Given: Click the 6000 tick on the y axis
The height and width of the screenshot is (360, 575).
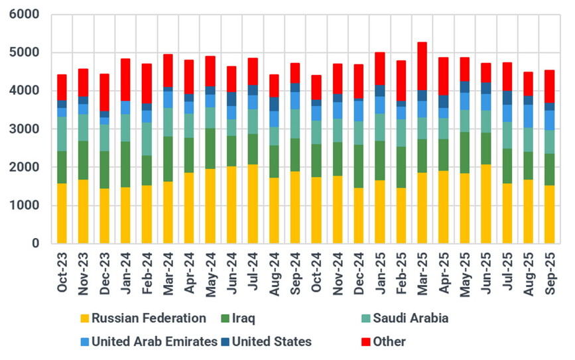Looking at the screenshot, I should (25, 14).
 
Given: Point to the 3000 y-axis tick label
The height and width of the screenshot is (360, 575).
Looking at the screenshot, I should (25, 129).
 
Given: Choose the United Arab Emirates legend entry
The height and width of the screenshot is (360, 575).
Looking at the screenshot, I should (154, 342).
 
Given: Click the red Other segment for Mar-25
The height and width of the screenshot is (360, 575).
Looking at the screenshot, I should (422, 66).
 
